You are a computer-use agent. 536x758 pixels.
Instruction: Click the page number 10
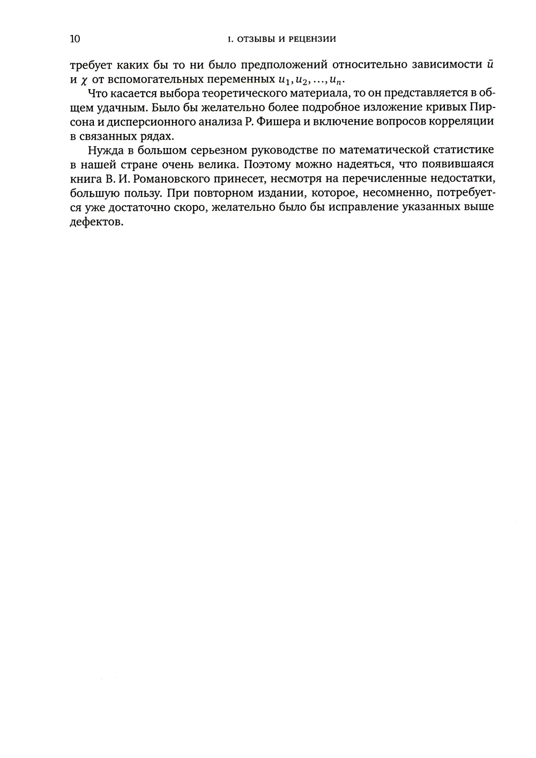75,39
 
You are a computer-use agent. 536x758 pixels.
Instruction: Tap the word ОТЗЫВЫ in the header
251,39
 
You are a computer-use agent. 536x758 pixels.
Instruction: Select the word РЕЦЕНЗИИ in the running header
313,39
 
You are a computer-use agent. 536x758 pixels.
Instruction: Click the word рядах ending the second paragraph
160,136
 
